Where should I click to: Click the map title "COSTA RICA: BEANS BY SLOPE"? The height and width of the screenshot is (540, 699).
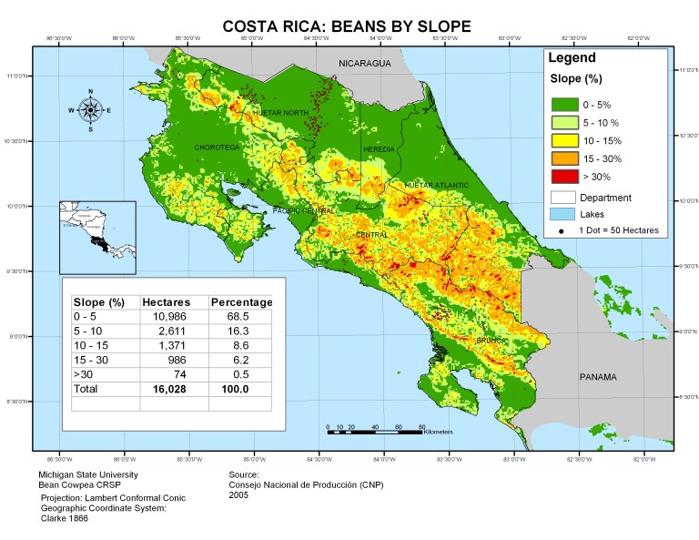[347, 26]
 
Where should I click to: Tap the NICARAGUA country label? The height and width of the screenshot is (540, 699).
[364, 63]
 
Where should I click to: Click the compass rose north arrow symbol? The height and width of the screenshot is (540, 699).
[90, 110]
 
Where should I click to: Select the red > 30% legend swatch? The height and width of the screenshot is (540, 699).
[568, 176]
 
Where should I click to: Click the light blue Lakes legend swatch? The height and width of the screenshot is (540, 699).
[568, 214]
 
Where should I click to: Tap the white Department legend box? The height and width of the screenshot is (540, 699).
[568, 197]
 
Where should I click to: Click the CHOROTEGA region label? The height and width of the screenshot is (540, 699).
[217, 147]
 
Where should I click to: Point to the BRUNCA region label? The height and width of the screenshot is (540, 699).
[491, 341]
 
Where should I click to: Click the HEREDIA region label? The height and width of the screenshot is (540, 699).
[379, 148]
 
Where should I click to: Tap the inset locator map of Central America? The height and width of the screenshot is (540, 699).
[97, 237]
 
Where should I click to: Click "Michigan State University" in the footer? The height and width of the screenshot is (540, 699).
[87, 474]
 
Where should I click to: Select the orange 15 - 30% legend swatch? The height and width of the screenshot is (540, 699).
[568, 158]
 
